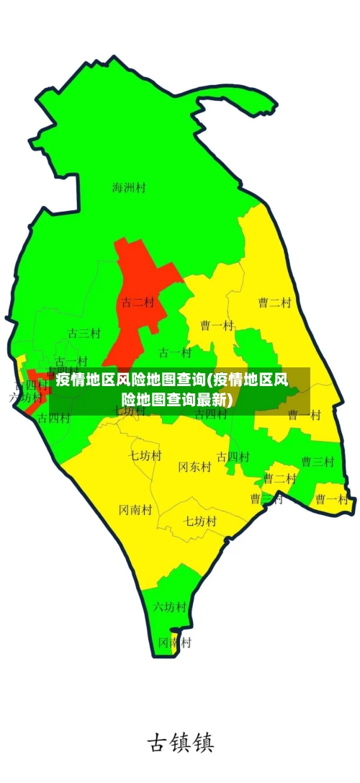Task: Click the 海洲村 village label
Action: coord(129,188)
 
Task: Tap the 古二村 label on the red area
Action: coord(138,303)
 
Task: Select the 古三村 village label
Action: coord(84,334)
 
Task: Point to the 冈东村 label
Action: coord(194,467)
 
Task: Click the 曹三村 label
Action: coord(318,462)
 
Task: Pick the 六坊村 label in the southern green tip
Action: coord(170,607)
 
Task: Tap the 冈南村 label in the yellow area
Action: coord(135,510)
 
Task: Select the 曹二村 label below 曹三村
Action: coord(280,478)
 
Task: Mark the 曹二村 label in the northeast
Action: coord(275,303)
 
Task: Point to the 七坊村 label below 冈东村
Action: coord(200,521)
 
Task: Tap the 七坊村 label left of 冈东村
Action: coord(145,455)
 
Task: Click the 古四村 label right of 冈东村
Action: coord(233,457)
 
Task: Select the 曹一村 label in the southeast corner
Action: coord(331,499)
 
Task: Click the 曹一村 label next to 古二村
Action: coord(217,326)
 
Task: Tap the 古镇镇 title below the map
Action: coord(180,743)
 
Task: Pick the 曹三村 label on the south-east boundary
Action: coord(266,498)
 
